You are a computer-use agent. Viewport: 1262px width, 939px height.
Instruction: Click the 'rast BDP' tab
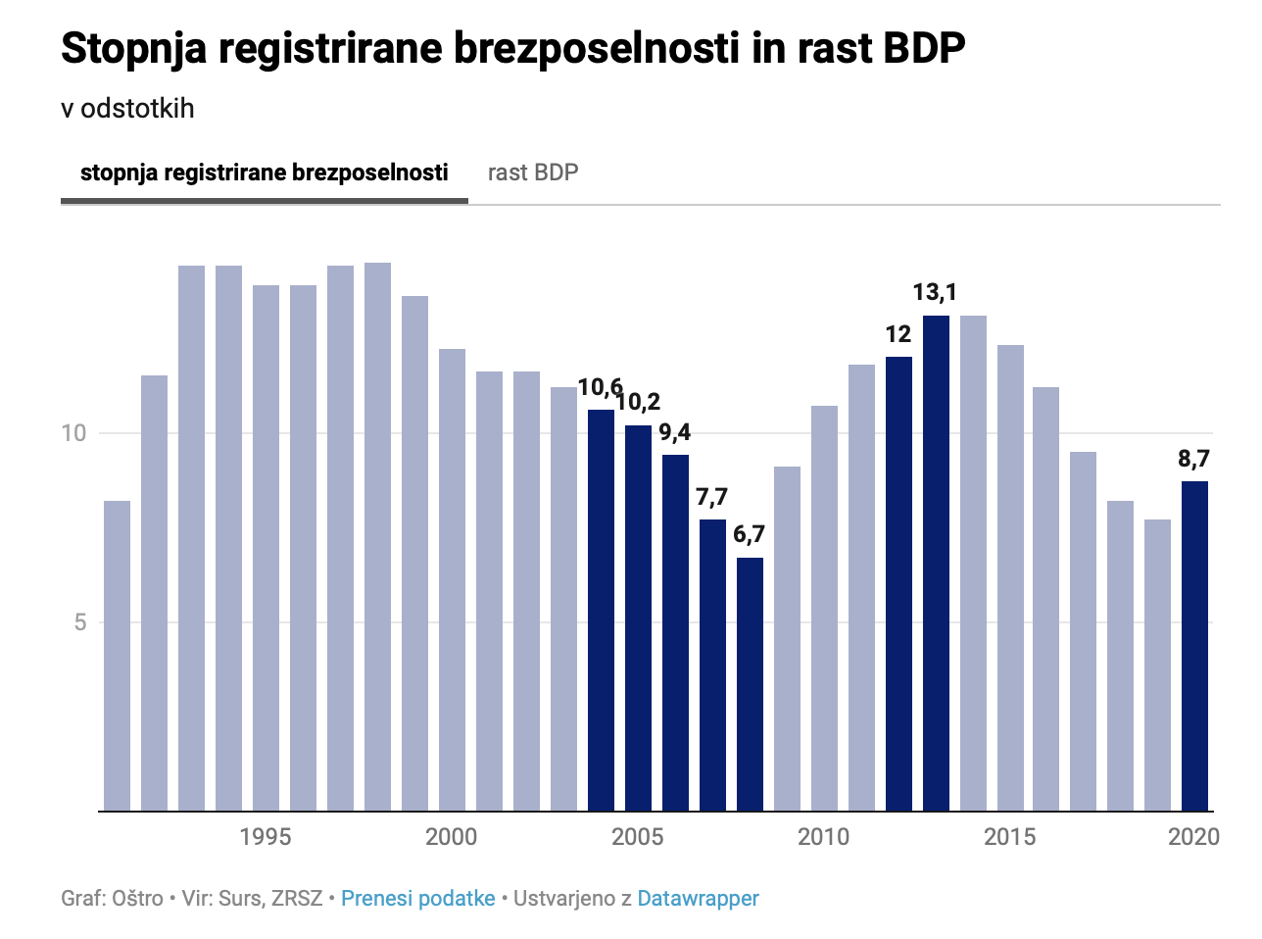[x=533, y=173]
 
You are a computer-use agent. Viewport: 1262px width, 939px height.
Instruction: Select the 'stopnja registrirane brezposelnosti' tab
[x=264, y=173]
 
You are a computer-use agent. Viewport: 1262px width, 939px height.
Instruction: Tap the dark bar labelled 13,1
[x=936, y=563]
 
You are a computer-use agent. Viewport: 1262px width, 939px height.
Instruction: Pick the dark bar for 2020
[x=1194, y=646]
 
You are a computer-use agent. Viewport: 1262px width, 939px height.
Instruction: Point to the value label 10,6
[x=600, y=388]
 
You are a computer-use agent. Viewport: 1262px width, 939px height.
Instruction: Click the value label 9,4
[x=674, y=432]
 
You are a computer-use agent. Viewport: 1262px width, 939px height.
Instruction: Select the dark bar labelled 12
[x=898, y=583]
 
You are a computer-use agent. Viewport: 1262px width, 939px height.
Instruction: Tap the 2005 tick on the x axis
[x=637, y=837]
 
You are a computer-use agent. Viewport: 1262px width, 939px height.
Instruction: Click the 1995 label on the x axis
[x=265, y=837]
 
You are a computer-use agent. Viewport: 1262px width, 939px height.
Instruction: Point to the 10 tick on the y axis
[x=74, y=433]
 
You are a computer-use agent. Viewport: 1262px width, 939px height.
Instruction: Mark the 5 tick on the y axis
[x=80, y=622]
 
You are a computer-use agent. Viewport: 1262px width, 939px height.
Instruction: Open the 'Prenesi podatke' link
[x=417, y=899]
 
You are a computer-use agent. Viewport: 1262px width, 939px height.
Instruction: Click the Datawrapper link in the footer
[x=698, y=899]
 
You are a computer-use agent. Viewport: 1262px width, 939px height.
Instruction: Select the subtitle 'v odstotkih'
[x=127, y=109]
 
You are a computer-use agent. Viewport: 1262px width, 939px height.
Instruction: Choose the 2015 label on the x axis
[x=1009, y=837]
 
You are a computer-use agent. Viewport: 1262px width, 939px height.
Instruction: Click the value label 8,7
[x=1193, y=459]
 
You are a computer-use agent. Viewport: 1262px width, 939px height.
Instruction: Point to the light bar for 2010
[x=824, y=608]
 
